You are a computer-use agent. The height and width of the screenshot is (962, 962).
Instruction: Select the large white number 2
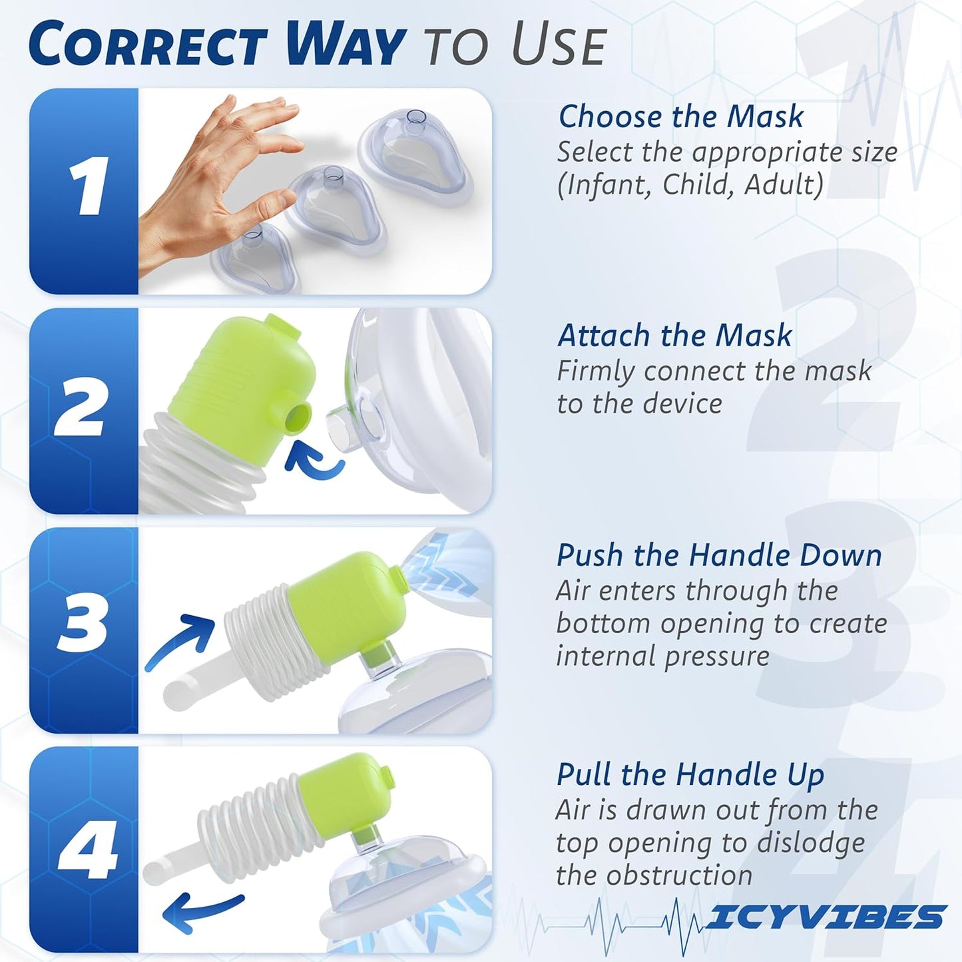pos(80,407)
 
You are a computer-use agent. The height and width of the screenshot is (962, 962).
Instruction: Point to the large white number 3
pos(82,624)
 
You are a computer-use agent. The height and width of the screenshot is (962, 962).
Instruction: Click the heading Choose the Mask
pos(680,117)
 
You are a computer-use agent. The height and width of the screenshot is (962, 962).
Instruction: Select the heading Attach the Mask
pos(674,335)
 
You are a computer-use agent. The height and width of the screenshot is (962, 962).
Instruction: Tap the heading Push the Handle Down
pos(719,555)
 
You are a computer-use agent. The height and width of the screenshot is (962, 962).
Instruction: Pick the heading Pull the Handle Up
pos(690,774)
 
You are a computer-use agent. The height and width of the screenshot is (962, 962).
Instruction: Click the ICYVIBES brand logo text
pos(826,917)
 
